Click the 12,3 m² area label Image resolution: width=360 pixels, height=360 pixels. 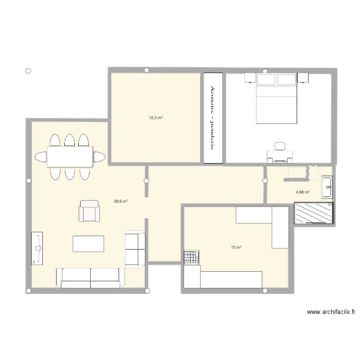(x=156, y=117)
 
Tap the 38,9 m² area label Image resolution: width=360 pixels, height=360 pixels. (x=120, y=202)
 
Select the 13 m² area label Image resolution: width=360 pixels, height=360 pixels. (x=236, y=247)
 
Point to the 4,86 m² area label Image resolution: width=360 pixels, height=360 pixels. (x=303, y=192)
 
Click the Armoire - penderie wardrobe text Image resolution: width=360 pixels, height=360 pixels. (x=213, y=118)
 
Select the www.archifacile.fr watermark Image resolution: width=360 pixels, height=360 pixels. (x=331, y=312)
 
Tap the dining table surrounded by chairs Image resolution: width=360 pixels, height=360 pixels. (x=70, y=156)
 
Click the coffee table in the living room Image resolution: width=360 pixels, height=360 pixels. (x=88, y=243)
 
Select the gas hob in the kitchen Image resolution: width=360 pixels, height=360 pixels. (x=191, y=258)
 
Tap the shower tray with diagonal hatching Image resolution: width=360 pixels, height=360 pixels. (x=314, y=213)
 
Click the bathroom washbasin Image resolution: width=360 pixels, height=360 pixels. (x=328, y=186)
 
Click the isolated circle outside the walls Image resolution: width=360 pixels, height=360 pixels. (x=28, y=72)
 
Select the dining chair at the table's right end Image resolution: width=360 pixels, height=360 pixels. (x=99, y=156)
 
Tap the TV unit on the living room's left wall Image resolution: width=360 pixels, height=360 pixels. (x=37, y=248)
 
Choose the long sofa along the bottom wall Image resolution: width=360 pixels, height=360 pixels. (x=90, y=277)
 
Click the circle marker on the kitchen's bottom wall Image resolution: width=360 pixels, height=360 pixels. (x=264, y=290)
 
